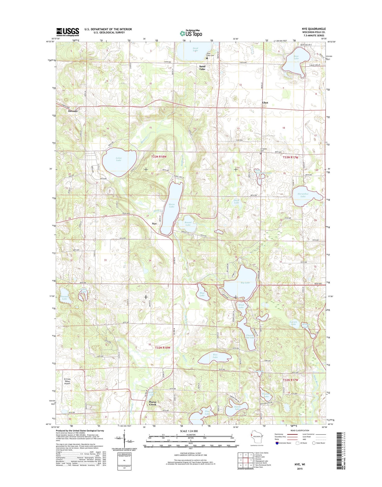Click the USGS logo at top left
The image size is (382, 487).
coord(68,32)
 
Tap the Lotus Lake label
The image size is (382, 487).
coord(118,159)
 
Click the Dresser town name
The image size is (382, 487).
coord(73,111)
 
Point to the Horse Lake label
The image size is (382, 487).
coord(172,205)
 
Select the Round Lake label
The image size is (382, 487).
coord(188,224)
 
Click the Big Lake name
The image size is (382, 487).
coord(245,283)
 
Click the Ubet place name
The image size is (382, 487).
coord(265,103)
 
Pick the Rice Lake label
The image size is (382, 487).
coord(215,356)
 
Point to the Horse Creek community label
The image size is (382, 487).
coord(153,403)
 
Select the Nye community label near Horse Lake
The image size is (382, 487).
coord(154,224)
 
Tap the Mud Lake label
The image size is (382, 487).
coord(202,294)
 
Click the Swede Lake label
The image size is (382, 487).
coord(237,408)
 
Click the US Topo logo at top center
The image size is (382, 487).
coord(191,33)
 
